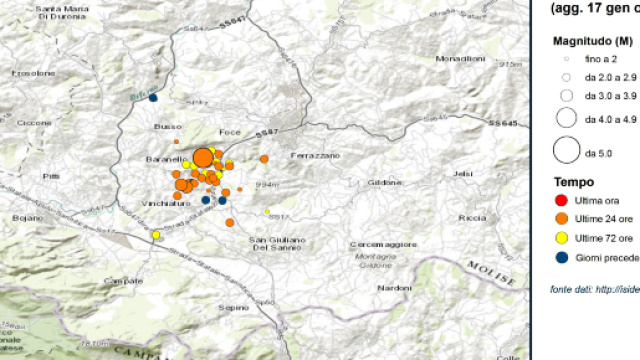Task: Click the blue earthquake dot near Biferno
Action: point(153,97)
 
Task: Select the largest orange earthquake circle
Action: point(202,157)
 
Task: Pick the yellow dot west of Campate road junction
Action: point(156,235)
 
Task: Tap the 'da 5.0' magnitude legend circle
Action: point(566,152)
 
